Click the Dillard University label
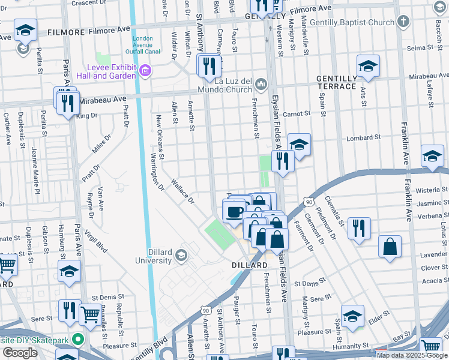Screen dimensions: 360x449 pos(153,257)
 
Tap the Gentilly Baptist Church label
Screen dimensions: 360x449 pos(361,23)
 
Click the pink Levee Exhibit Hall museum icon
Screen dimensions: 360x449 pos(144,71)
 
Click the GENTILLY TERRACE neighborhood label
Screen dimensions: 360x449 pos(337,83)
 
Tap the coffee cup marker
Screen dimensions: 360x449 pos(234,212)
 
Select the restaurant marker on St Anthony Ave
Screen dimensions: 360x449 pos(209,65)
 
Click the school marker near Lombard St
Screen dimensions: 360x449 pos(298,145)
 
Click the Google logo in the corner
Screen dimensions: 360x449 pos(20,353)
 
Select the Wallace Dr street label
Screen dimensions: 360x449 pos(182,190)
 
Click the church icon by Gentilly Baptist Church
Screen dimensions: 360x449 pos(403,22)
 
